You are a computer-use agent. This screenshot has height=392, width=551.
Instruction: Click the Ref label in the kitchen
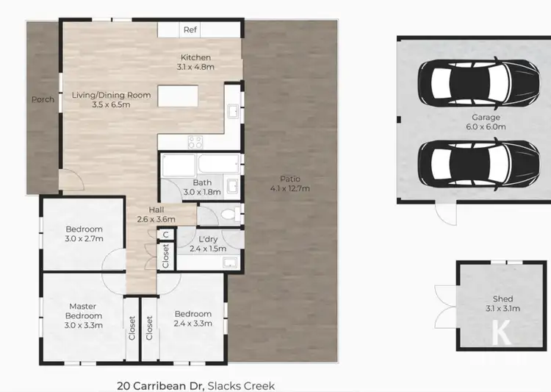click(x=190, y=30)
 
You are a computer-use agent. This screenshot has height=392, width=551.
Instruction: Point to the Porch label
click(x=43, y=99)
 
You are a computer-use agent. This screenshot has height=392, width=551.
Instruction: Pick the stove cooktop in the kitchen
click(x=195, y=142)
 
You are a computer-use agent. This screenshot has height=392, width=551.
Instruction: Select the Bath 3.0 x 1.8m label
click(x=202, y=188)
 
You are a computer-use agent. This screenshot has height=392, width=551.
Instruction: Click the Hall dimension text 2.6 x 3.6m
click(x=156, y=218)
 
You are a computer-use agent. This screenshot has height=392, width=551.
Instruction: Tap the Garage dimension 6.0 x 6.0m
click(x=486, y=126)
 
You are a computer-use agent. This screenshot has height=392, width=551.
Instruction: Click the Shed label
click(x=503, y=299)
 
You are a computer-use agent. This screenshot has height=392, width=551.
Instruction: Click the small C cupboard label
click(x=166, y=235)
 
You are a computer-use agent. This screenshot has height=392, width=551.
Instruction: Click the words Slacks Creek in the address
click(x=241, y=385)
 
